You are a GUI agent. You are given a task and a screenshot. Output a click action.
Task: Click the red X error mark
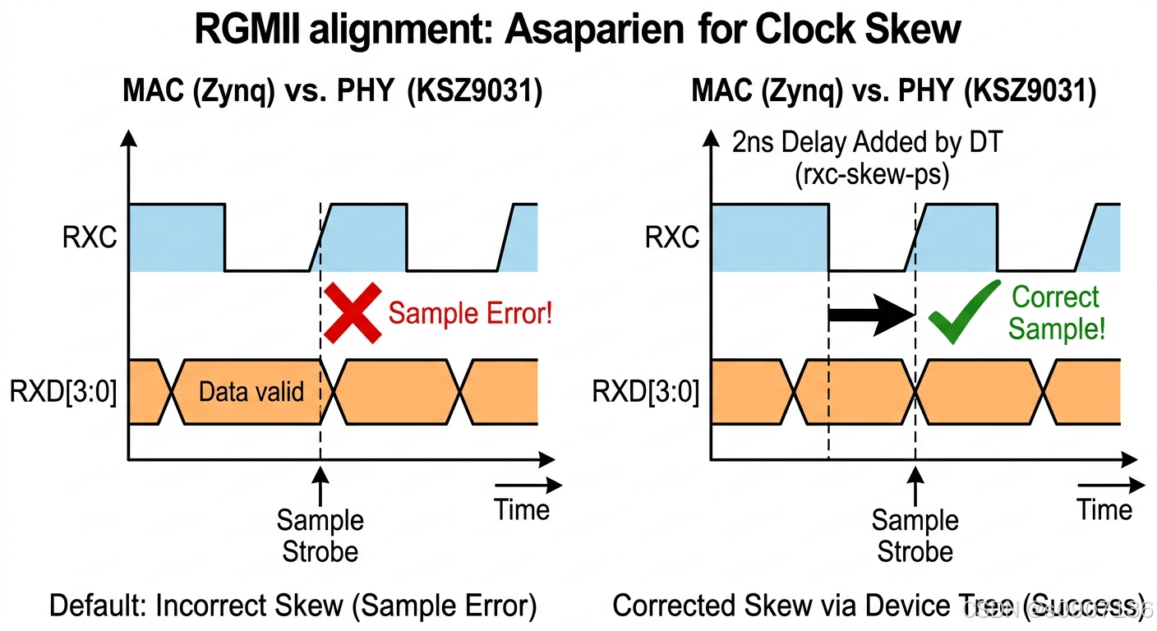[x=353, y=312]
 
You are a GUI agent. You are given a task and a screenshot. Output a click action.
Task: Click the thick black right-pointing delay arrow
[x=871, y=315]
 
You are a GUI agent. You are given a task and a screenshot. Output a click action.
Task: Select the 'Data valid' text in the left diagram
[x=251, y=391]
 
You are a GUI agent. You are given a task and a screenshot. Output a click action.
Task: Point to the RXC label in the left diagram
[x=90, y=237]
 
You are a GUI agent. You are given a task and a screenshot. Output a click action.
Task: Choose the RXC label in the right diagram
[x=671, y=237]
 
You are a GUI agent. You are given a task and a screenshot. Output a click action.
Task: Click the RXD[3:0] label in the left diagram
[x=63, y=392]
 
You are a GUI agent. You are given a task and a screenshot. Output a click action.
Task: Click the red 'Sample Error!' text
[x=470, y=313]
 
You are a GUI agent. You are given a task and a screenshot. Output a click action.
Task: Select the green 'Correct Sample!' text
[x=1056, y=313]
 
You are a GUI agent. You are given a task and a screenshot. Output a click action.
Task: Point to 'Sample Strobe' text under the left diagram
[x=320, y=535]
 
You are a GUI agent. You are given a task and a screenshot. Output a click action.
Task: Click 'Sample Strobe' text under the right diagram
[x=915, y=535]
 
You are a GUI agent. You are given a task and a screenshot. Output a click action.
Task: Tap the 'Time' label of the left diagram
[x=522, y=509]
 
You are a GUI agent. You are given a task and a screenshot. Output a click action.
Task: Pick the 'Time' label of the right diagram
[x=1104, y=509]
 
